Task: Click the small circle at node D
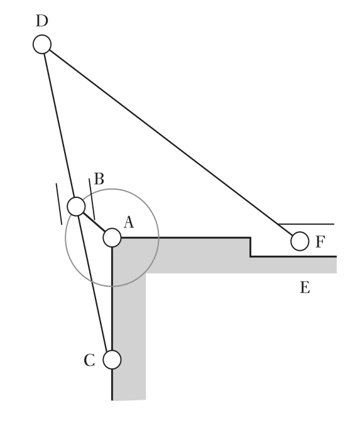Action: (42, 44)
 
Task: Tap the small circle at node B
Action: (76, 206)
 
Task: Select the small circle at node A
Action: (112, 238)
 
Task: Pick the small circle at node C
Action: (112, 359)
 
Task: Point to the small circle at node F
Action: (300, 240)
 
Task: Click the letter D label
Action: (41, 21)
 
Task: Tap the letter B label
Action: (99, 178)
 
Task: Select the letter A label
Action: (128, 221)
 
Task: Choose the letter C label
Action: (89, 360)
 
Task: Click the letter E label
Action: (305, 288)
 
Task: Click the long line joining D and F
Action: (170, 141)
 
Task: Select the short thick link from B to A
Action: (94, 222)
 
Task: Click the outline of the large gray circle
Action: (158, 238)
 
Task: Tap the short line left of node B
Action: (58, 203)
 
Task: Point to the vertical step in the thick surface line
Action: (250, 247)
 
